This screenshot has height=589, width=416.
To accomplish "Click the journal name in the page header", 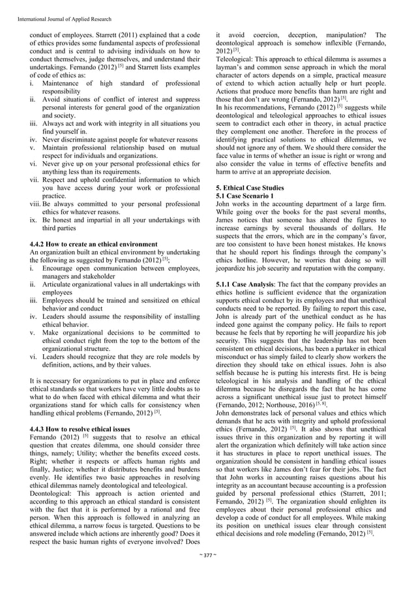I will click(56, 8).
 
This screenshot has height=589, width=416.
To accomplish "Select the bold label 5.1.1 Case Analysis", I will click(246, 285).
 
